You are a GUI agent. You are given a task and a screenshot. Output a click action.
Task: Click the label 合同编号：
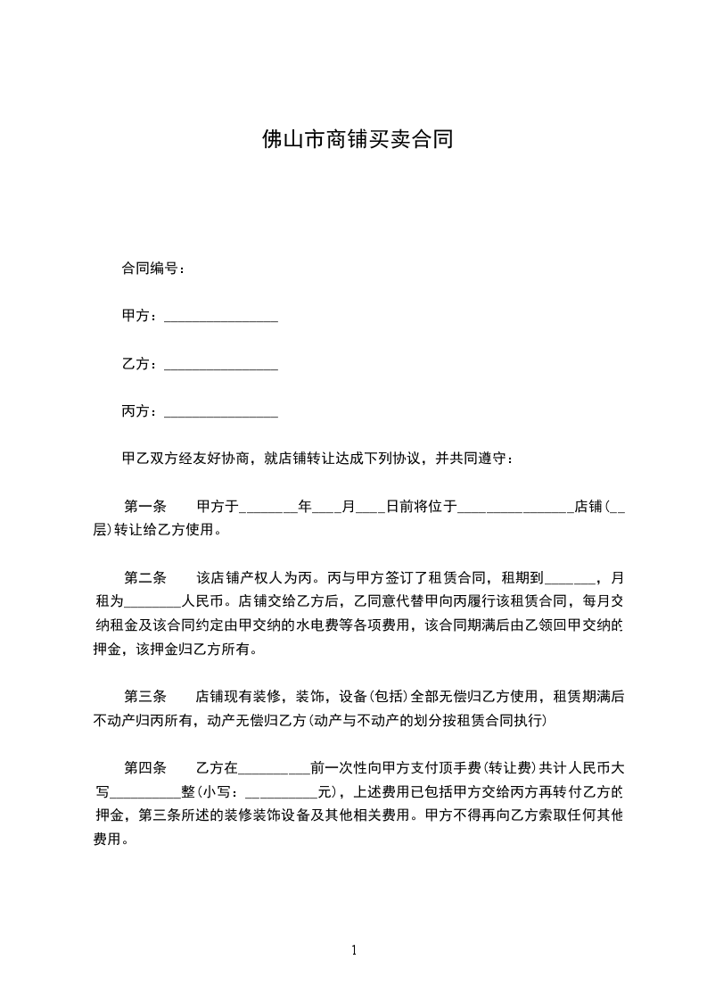[x=153, y=268]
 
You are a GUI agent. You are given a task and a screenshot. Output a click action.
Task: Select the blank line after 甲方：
[x=221, y=318]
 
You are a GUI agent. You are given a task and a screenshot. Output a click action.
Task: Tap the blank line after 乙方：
[x=221, y=366]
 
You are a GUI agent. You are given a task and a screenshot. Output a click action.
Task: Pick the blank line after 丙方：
[x=221, y=413]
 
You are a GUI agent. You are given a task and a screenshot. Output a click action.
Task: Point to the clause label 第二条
[x=145, y=577]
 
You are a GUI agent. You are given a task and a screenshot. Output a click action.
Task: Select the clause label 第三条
[x=145, y=697]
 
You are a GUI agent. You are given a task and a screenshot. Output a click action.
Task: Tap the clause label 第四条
[x=145, y=767]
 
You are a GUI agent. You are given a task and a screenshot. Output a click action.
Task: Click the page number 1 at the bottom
[x=354, y=950]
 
